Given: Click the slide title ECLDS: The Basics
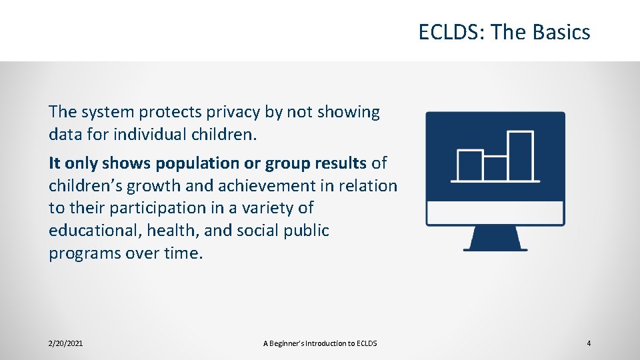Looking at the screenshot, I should [504, 32].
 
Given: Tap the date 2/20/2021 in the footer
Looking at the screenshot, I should [66, 343].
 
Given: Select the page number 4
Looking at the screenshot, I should [589, 343].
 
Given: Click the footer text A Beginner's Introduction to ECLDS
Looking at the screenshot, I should [320, 343].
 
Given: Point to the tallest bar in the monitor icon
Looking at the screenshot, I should [521, 156].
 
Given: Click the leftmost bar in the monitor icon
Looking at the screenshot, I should [469, 165].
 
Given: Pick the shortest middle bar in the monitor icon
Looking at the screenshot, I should [495, 168].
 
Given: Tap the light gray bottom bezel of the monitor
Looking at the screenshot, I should [495, 213].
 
